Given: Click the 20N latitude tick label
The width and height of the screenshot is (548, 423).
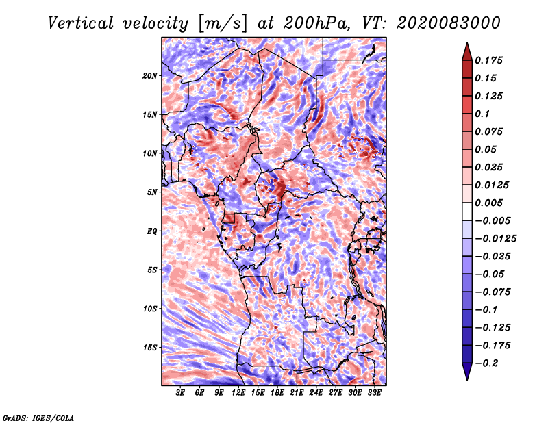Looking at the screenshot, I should click(x=150, y=75).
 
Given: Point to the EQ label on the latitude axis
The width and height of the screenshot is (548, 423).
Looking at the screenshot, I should click(x=152, y=231).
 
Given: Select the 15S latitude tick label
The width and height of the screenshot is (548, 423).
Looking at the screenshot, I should click(x=150, y=348).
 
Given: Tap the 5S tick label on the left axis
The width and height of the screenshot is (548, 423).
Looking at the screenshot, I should click(x=152, y=270).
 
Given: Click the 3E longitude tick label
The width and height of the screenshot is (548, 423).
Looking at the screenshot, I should click(x=181, y=393).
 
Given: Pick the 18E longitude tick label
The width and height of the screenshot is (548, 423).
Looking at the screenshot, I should click(x=277, y=393).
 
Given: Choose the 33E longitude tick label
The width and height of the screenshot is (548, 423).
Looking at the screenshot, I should click(x=374, y=393).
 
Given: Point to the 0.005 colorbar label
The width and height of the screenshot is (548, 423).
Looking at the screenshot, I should click(x=490, y=203).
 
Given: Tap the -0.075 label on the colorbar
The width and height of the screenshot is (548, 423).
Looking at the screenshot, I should click(x=493, y=292).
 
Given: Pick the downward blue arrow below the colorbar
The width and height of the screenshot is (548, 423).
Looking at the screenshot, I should click(x=466, y=373).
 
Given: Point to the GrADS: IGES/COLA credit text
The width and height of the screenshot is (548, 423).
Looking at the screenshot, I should click(x=38, y=417).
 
